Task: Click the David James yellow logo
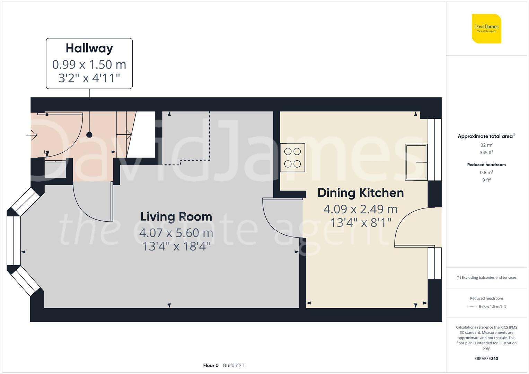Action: [486, 28]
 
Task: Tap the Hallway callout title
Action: [89, 48]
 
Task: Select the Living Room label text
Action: [176, 216]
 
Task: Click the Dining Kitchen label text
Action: [361, 193]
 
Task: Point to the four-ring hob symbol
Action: [292, 158]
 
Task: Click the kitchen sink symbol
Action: [416, 162]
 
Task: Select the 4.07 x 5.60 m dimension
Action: [176, 233]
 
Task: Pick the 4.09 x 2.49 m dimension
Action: [360, 209]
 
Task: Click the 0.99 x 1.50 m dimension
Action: [89, 64]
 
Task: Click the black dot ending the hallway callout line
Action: [89, 135]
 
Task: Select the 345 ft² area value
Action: [486, 152]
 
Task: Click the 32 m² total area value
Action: [486, 145]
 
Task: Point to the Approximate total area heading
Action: [486, 136]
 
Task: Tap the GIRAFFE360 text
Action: [486, 358]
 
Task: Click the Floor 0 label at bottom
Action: [211, 365]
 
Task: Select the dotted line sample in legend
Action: [471, 306]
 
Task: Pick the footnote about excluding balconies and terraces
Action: [486, 277]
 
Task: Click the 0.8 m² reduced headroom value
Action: [486, 172]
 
